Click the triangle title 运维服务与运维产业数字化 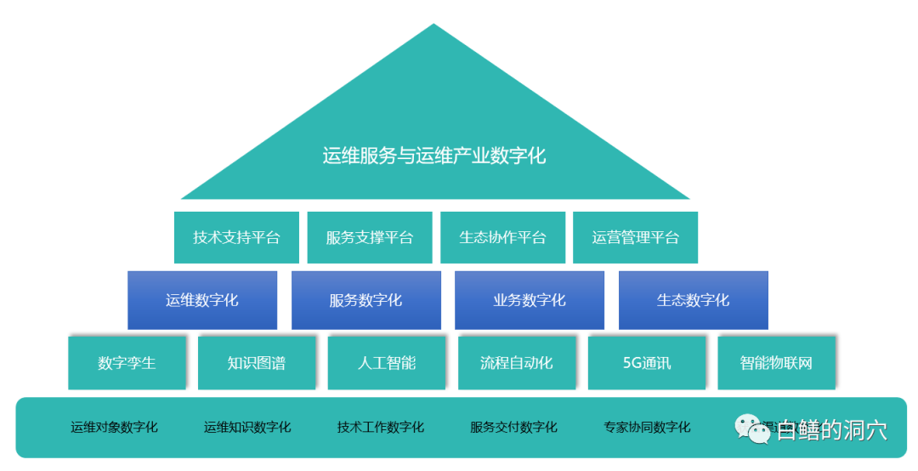(434, 156)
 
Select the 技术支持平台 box (236, 237)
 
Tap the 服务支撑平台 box (370, 237)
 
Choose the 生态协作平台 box (502, 237)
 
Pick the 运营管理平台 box (636, 237)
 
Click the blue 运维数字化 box (202, 300)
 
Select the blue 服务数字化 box (365, 300)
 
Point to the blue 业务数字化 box (530, 300)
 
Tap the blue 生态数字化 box (693, 300)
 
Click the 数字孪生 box (127, 363)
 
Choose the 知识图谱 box (257, 363)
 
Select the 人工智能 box (387, 363)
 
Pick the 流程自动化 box (517, 363)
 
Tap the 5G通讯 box (647, 363)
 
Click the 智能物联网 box (776, 363)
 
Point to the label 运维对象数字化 (114, 427)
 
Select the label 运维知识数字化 (247, 427)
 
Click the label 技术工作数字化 (381, 427)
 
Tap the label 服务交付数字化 (513, 427)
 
